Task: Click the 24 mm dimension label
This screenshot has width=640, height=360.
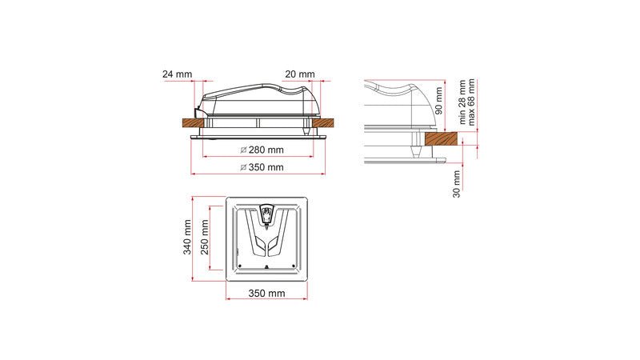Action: coord(178,74)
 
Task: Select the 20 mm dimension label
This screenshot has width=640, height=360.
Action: coord(299,74)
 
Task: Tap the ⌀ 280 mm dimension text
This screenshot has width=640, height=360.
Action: coord(262,150)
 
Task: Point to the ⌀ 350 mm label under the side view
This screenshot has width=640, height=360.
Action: coord(262,168)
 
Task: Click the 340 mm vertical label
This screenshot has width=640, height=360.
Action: coord(187,237)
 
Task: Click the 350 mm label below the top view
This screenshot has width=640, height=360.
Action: coord(266,294)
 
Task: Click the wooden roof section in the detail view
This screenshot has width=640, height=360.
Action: coord(445,139)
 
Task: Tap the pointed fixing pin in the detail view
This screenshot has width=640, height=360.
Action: coord(416,147)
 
